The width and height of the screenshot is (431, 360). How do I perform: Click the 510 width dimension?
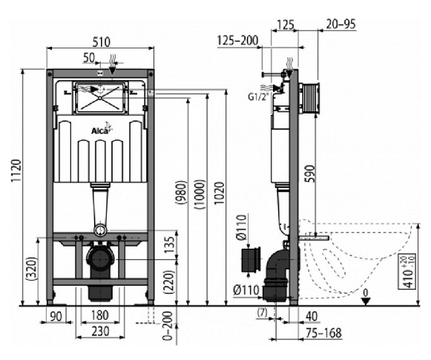(x=101, y=42)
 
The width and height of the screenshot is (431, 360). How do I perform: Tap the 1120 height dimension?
(x=16, y=171)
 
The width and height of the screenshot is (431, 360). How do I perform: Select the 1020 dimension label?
(x=220, y=193)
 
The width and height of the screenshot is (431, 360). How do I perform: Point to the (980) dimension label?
(x=181, y=192)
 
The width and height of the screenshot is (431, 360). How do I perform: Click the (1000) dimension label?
(x=200, y=194)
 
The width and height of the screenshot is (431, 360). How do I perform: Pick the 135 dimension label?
(x=170, y=245)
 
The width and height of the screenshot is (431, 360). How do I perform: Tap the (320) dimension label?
(x=32, y=269)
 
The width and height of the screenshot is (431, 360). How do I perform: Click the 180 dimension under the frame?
(x=100, y=315)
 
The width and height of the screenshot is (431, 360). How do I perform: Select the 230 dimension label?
(x=100, y=331)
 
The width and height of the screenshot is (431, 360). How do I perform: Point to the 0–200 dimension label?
(x=168, y=326)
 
